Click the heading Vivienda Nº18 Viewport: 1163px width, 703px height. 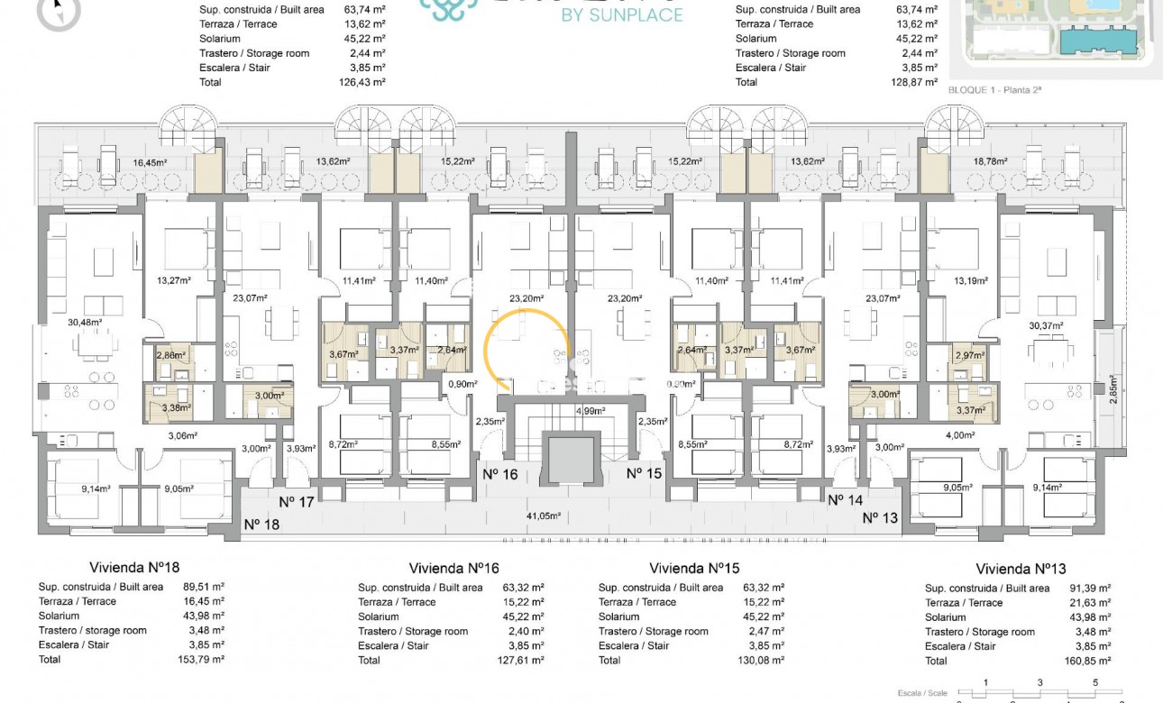134,568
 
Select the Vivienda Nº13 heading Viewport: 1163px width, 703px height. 1021,569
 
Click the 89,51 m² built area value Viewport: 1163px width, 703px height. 200,587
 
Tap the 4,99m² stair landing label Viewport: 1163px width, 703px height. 591,411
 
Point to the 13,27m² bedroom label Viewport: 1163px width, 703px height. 174,280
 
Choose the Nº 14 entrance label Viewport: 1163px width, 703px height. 846,499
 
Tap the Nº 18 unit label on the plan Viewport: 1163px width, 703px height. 263,524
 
